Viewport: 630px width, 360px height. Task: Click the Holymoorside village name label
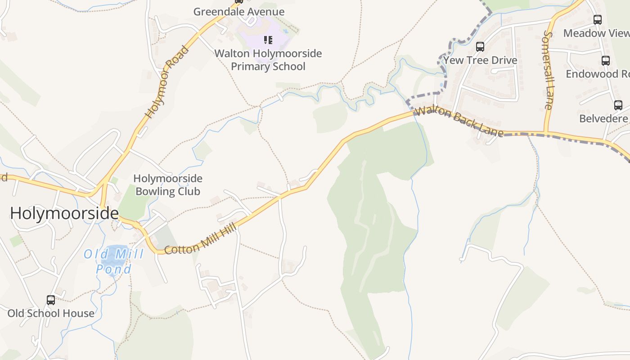[x=64, y=213]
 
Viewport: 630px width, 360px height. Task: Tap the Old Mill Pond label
[x=114, y=261]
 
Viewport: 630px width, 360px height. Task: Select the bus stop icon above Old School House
[x=51, y=300]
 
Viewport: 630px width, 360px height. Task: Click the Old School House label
[x=51, y=313]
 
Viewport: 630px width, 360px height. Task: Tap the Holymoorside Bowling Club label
[x=168, y=185]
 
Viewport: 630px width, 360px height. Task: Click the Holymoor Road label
[x=167, y=82]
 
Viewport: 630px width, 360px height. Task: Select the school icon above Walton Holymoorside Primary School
[x=268, y=40]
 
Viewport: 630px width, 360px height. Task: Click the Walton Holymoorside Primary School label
[x=268, y=60]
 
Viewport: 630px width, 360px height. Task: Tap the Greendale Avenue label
[x=239, y=12]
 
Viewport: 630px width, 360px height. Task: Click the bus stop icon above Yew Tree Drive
[x=480, y=47]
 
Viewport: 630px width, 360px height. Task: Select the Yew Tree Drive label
[x=480, y=60]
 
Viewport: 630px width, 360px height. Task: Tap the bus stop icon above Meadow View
[x=598, y=20]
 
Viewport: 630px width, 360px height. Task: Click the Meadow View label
[x=596, y=33]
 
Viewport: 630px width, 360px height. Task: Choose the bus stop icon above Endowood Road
[x=606, y=61]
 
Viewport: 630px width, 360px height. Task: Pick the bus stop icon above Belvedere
[x=618, y=105]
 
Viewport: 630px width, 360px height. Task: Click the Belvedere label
[x=604, y=119]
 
